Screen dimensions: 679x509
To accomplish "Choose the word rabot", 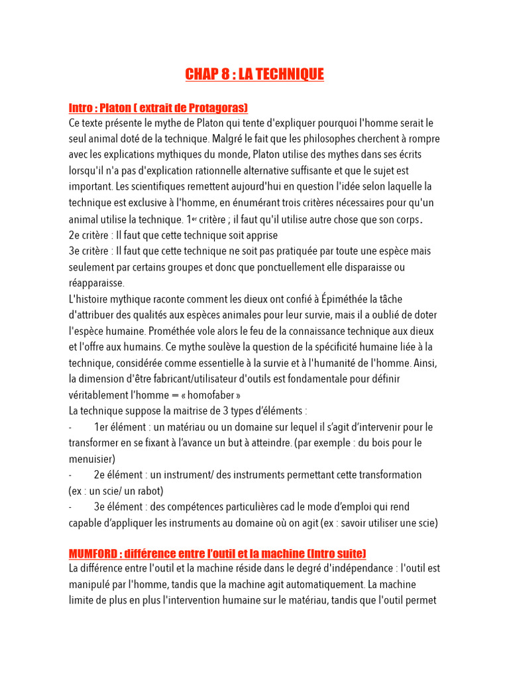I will tap(147, 491).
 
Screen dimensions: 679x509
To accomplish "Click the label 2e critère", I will tap(88, 235).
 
